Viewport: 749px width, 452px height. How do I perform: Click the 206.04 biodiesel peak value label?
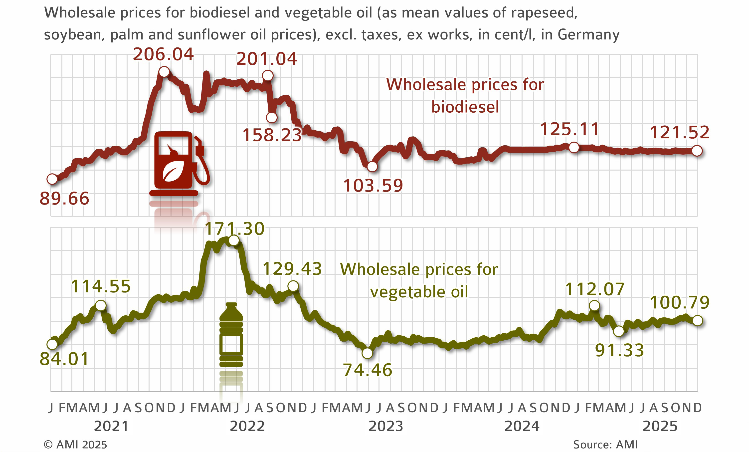[163, 55]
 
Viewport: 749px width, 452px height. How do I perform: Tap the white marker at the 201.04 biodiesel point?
[267, 75]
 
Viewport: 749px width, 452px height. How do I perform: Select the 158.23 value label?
[272, 135]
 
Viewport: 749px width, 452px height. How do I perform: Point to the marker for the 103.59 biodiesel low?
[372, 166]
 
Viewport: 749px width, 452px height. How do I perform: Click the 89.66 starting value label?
[64, 199]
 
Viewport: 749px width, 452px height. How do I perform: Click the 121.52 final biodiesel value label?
[679, 133]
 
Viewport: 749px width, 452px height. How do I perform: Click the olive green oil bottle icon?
[231, 334]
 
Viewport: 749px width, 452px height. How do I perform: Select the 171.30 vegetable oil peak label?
[234, 228]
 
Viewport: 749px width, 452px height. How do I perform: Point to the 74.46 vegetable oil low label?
[368, 370]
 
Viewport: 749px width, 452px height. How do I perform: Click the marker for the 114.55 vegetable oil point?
[101, 305]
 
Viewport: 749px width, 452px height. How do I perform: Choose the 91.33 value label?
[619, 350]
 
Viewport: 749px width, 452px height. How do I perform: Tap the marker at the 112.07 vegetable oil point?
[594, 305]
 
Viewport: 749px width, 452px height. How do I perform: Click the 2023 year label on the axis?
[386, 426]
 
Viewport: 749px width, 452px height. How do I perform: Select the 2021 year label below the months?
[111, 426]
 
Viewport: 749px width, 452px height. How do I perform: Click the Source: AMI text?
[605, 445]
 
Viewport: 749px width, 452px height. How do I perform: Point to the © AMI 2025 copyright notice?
[76, 445]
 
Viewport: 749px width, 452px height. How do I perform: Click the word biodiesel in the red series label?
[465, 107]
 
